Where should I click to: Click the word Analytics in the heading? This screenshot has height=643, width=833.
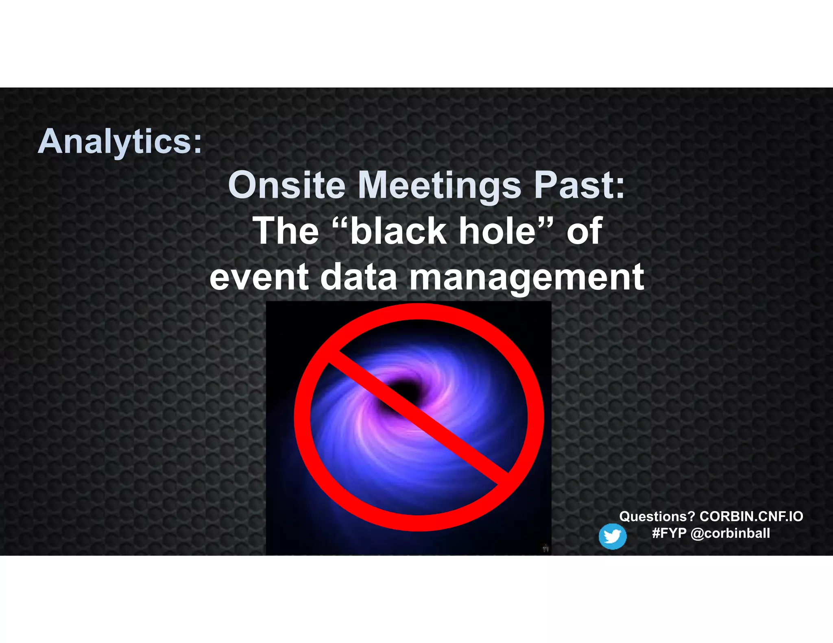[114, 141]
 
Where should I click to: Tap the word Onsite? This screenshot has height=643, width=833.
[287, 185]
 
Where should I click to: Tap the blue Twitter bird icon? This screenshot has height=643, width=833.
[612, 537]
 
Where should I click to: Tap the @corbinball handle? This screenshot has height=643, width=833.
[730, 533]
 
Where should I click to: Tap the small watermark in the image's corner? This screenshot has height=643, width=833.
[546, 548]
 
